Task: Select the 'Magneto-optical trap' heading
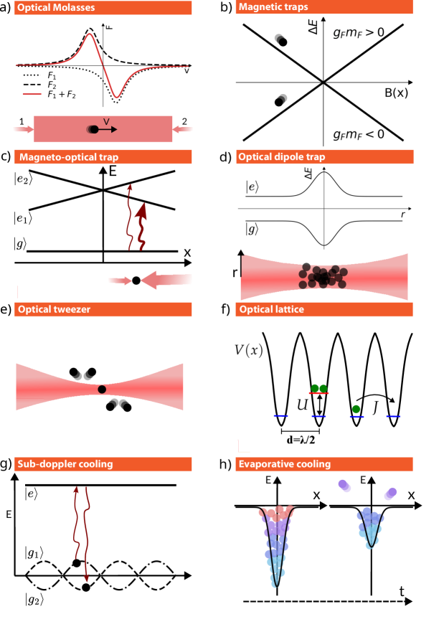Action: pyautogui.click(x=69, y=157)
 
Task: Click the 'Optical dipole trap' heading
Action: pyautogui.click(x=282, y=157)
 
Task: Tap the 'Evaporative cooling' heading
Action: pyautogui.click(x=285, y=464)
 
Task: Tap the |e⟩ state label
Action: pyautogui.click(x=252, y=187)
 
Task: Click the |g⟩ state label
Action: pyautogui.click(x=252, y=230)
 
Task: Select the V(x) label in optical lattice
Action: pyautogui.click(x=249, y=351)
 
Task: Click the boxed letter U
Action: pyautogui.click(x=302, y=406)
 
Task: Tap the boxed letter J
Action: pyautogui.click(x=374, y=407)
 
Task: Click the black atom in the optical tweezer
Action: pyautogui.click(x=102, y=389)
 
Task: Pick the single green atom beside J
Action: pyautogui.click(x=356, y=409)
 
